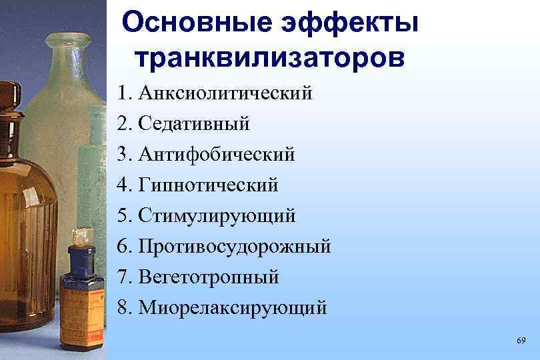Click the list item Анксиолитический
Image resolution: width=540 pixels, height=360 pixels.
(x=225, y=93)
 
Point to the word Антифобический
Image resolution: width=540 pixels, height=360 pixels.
(x=216, y=155)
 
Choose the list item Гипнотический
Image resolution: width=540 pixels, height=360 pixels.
(x=208, y=185)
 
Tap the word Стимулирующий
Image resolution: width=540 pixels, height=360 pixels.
(x=217, y=216)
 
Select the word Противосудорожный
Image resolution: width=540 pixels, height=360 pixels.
(x=234, y=247)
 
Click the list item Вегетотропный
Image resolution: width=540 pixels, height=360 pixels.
(x=209, y=277)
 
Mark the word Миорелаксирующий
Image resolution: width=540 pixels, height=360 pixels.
(x=233, y=307)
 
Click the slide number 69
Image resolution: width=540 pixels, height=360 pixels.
(x=521, y=341)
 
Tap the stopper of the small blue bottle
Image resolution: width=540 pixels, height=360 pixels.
(x=81, y=236)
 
